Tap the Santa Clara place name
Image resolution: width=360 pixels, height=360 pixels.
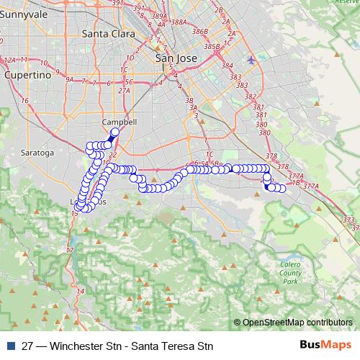[106, 33]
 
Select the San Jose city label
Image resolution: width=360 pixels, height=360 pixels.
[176, 59]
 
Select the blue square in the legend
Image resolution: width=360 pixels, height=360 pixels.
[9, 346]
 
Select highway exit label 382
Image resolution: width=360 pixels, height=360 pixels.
[250, 96]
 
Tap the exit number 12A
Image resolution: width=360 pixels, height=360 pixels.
[10, 60]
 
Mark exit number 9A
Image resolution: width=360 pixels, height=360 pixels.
[68, 79]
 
